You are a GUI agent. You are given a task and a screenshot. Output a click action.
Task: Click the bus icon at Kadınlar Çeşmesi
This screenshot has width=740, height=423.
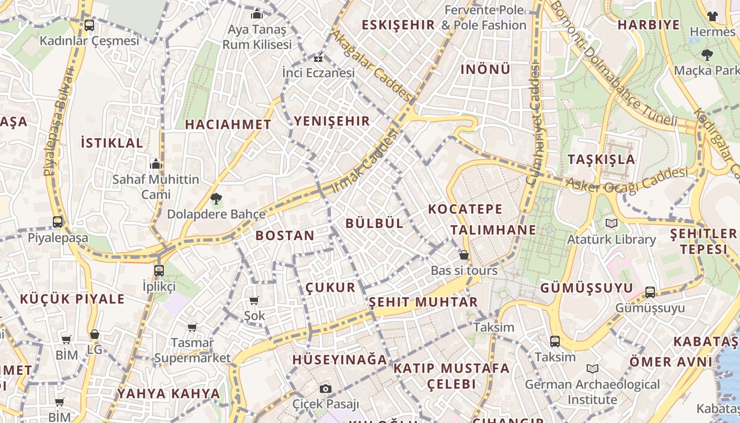(x=89, y=25)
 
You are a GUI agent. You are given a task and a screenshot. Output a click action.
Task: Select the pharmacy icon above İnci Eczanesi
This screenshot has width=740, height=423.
(x=318, y=58)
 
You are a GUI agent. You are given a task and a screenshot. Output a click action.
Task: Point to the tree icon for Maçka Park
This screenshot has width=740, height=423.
(x=707, y=54)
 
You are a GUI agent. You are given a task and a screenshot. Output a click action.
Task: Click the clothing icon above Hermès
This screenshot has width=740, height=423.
(x=713, y=16)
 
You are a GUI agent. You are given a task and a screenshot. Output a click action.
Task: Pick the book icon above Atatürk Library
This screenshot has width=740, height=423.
(x=612, y=224)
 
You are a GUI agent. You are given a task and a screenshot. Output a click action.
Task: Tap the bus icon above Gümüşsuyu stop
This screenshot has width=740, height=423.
(x=650, y=292)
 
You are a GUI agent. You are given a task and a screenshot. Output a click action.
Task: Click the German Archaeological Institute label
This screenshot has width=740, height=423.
(x=592, y=392)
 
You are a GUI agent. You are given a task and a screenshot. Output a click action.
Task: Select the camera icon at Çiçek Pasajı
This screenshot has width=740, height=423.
(x=326, y=389)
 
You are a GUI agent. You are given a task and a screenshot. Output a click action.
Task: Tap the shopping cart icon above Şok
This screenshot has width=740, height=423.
(x=254, y=301)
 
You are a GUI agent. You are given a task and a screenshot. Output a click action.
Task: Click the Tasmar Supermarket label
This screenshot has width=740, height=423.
(x=192, y=351)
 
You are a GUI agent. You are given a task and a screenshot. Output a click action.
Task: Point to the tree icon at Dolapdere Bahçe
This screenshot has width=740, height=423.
(x=216, y=199)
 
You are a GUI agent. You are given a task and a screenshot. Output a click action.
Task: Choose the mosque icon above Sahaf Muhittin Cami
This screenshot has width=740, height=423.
(x=155, y=164)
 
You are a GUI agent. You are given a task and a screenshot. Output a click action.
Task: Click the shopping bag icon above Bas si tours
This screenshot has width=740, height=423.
(x=464, y=255)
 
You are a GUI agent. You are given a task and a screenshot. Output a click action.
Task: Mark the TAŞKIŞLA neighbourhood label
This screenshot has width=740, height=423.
(x=601, y=159)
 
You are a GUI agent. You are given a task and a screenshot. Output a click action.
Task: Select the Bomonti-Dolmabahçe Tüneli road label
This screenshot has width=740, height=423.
(x=613, y=63)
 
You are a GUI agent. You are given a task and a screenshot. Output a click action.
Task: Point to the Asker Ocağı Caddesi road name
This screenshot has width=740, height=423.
(x=627, y=180)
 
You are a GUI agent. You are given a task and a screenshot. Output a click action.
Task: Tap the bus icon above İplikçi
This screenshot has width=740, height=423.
(x=159, y=271)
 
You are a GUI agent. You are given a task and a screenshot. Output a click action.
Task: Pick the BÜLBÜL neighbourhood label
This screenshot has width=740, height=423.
(x=374, y=223)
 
